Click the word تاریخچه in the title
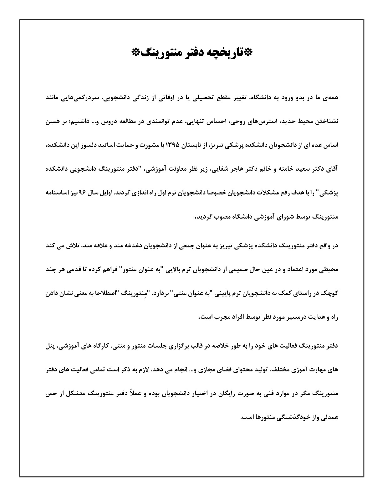229,53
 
